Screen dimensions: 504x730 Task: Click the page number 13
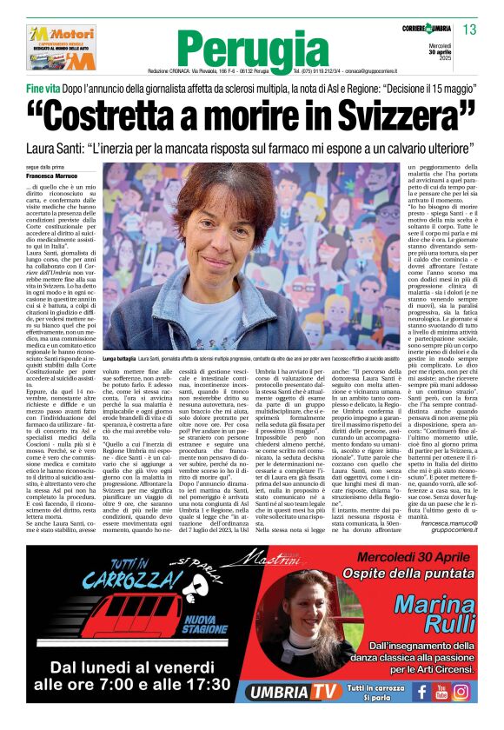click(x=469, y=30)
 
